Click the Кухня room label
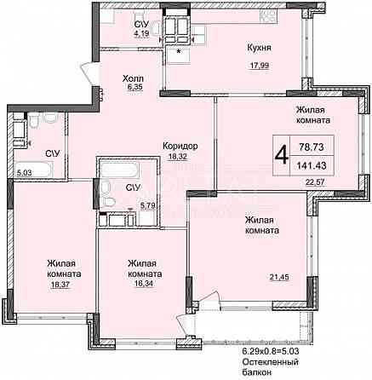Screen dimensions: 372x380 click(259, 48)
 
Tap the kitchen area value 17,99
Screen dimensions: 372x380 click(259, 66)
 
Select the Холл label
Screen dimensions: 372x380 click(133, 78)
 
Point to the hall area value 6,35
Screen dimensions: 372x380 click(134, 87)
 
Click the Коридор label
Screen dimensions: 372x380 click(180, 147)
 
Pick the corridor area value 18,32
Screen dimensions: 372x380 click(178, 157)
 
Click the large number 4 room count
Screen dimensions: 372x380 click(282, 155)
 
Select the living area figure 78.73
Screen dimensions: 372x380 click(312, 147)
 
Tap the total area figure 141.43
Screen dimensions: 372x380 click(312, 165)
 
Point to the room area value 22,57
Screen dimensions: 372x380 click(315, 181)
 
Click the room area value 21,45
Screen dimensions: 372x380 click(279, 276)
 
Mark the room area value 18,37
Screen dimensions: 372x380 click(60, 285)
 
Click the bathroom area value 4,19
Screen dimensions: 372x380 click(142, 34)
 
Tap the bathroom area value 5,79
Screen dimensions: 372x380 click(148, 205)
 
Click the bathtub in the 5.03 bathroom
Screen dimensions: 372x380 click(34, 170)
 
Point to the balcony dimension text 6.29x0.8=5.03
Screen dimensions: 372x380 click(271, 352)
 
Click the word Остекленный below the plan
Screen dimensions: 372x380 click(270, 362)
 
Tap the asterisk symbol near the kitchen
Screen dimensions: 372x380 click(179, 52)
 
